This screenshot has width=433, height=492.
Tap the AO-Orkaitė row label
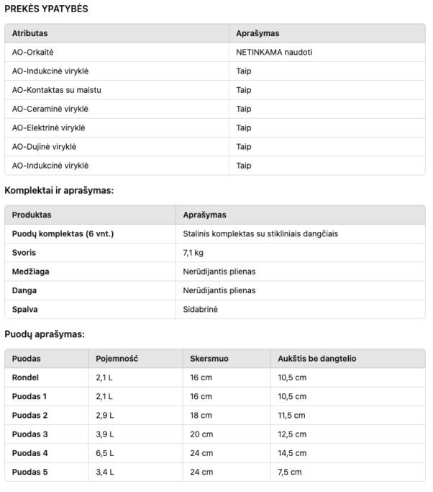[x=33, y=53]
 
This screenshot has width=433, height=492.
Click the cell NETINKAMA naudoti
[x=273, y=53]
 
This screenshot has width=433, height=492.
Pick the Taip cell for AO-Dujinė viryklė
[x=243, y=147]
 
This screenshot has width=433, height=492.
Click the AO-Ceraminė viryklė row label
[x=50, y=109]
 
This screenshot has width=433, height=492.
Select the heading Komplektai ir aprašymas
[x=60, y=191]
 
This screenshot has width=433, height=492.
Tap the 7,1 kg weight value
[x=193, y=253]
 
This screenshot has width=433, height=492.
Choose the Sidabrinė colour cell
[x=200, y=309]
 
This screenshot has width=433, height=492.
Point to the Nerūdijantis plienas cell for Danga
[x=219, y=290]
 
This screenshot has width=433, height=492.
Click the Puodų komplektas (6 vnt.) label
[x=63, y=234]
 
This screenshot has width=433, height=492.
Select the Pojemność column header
[x=117, y=359]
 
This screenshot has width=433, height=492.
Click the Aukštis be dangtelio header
[x=316, y=359]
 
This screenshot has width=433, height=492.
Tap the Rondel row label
[x=26, y=377]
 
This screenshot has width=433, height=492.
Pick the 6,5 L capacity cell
[x=104, y=453]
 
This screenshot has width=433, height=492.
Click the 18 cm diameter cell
[x=201, y=416]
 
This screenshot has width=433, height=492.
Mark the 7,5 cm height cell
[x=290, y=472]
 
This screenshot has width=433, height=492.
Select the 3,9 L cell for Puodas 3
[x=104, y=434]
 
